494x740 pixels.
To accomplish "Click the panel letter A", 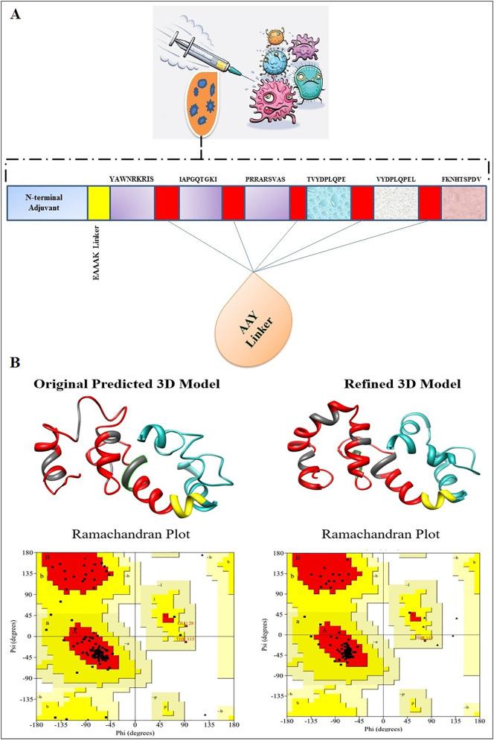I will (15, 16).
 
